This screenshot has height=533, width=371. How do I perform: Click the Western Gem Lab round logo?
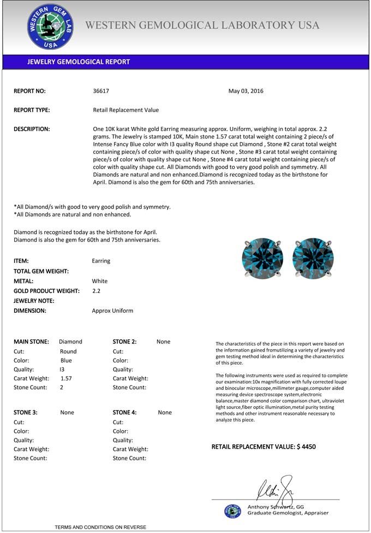pyautogui.click(x=50, y=27)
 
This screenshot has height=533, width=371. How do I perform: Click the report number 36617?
pyautogui.click(x=101, y=91)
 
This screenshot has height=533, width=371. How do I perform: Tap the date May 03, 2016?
pyautogui.click(x=246, y=91)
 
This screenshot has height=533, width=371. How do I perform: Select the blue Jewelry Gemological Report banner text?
pyautogui.click(x=79, y=62)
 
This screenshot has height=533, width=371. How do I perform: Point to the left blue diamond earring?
pyautogui.click(x=262, y=257)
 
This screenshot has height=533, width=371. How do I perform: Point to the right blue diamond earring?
pyautogui.click(x=313, y=257)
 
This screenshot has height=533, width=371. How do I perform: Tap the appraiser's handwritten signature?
pyautogui.click(x=276, y=488)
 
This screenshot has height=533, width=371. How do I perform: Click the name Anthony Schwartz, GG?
pyautogui.click(x=276, y=507)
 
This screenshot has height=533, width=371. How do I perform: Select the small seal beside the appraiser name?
pyautogui.click(x=232, y=511)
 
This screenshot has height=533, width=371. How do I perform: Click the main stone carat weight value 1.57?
pyautogui.click(x=66, y=378)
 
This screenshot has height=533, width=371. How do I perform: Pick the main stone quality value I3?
pyautogui.click(x=62, y=369)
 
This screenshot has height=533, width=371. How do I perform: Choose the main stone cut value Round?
pyautogui.click(x=68, y=352)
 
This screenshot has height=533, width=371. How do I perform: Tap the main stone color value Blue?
pyautogui.click(x=66, y=360)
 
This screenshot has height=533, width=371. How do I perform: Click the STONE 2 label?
pyautogui.click(x=124, y=342)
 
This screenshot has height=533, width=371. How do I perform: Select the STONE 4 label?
pyautogui.click(x=125, y=413)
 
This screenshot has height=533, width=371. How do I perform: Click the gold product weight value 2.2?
pyautogui.click(x=96, y=291)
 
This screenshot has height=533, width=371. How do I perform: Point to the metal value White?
pyautogui.click(x=100, y=281)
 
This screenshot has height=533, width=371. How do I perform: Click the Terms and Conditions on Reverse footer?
pyautogui.click(x=100, y=527)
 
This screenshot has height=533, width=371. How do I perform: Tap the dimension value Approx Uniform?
pyautogui.click(x=112, y=311)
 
